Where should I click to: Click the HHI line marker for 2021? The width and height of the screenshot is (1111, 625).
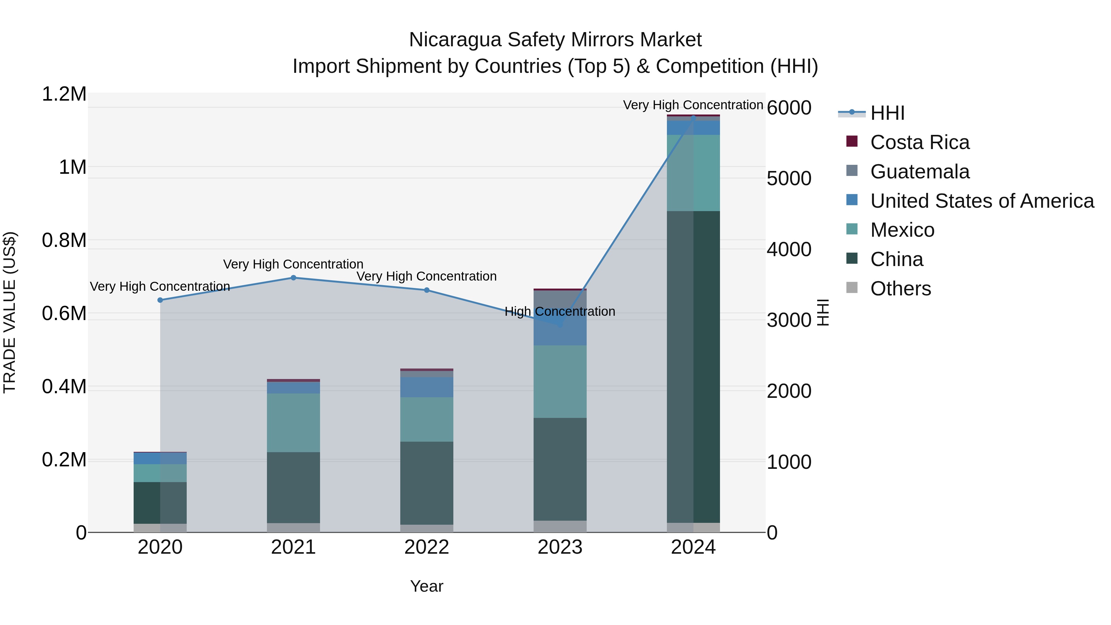coord(293,278)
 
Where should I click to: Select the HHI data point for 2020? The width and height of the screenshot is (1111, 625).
coord(160,300)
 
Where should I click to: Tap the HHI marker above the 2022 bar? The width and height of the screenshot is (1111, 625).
coord(427,290)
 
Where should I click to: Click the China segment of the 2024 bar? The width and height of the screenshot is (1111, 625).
coord(693,367)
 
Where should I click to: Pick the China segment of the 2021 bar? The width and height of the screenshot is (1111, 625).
coord(293,487)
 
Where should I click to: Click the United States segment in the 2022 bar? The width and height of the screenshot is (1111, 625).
coord(427,387)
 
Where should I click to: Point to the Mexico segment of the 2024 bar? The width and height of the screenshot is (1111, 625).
coord(693,173)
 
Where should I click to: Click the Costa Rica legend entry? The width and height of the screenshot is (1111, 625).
coord(920,142)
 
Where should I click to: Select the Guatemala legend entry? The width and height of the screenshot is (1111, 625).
coord(920,172)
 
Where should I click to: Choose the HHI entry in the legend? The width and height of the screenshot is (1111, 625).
coord(887,113)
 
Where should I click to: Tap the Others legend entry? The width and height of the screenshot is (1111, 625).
coord(901,289)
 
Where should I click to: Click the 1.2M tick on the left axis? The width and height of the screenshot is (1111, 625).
coord(64,94)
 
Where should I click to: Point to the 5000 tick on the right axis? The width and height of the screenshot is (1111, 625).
coord(789,179)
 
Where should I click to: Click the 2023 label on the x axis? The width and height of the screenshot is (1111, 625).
coord(560,547)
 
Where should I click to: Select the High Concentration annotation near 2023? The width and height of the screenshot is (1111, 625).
coord(560,311)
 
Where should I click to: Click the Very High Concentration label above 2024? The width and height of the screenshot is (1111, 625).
coord(693,105)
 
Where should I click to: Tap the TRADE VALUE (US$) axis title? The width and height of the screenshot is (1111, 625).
coord(10,312)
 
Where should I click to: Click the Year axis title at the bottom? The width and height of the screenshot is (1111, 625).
coord(427,586)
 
